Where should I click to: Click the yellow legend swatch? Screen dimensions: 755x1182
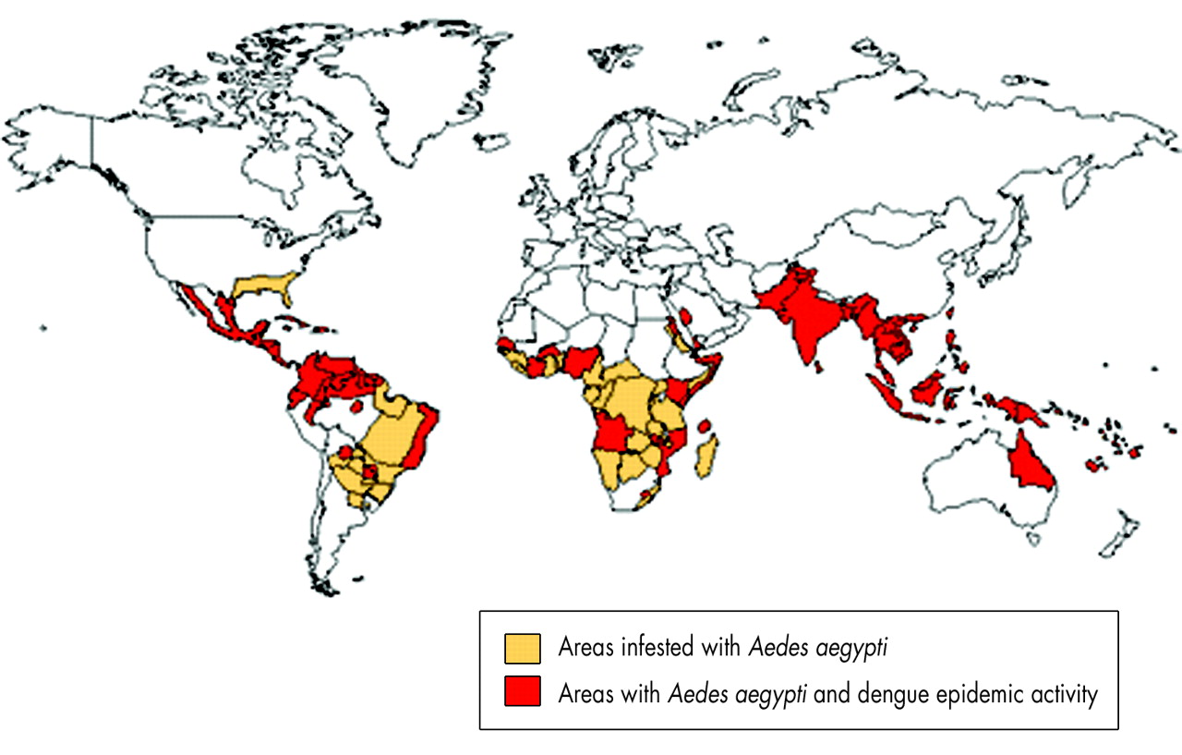pyautogui.click(x=522, y=649)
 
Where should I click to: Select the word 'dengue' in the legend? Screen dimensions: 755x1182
pyautogui.click(x=889, y=693)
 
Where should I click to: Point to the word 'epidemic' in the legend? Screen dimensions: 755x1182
pyautogui.click(x=973, y=693)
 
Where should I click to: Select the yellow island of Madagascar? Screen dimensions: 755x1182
pyautogui.click(x=707, y=459)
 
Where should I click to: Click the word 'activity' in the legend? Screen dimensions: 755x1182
pyautogui.click(x=1062, y=693)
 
